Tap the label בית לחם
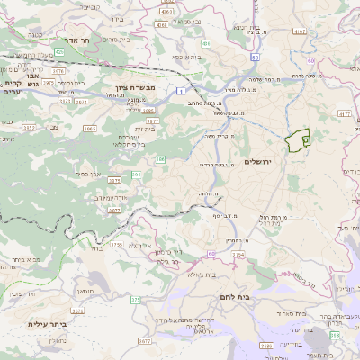(232, 296)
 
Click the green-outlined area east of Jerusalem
(297, 141)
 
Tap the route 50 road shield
(255, 58)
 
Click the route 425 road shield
(59, 53)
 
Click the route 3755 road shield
(115, 243)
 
